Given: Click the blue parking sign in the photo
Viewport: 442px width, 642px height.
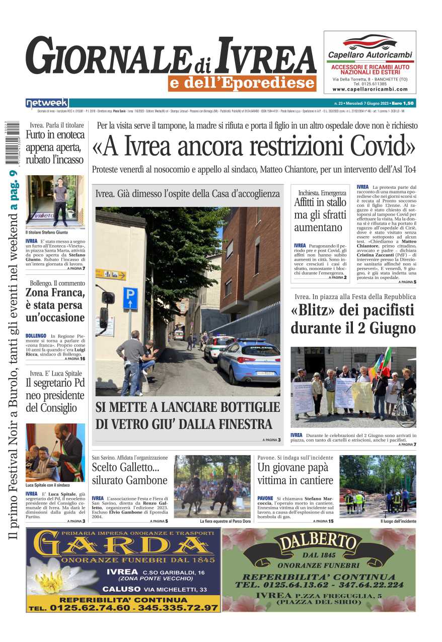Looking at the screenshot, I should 130,298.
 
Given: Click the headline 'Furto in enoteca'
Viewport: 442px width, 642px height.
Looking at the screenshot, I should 55,134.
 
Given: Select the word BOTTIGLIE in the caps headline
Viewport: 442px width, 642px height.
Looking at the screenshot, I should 237,407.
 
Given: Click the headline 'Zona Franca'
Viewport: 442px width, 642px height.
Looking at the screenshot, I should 55,293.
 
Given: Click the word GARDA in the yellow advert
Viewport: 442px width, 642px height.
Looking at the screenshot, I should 124,545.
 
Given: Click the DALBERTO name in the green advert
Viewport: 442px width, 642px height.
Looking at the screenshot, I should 318,543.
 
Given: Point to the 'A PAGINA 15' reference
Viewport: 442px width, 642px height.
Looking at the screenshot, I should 323,521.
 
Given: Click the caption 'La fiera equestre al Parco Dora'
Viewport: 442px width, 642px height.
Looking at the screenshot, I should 225,521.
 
